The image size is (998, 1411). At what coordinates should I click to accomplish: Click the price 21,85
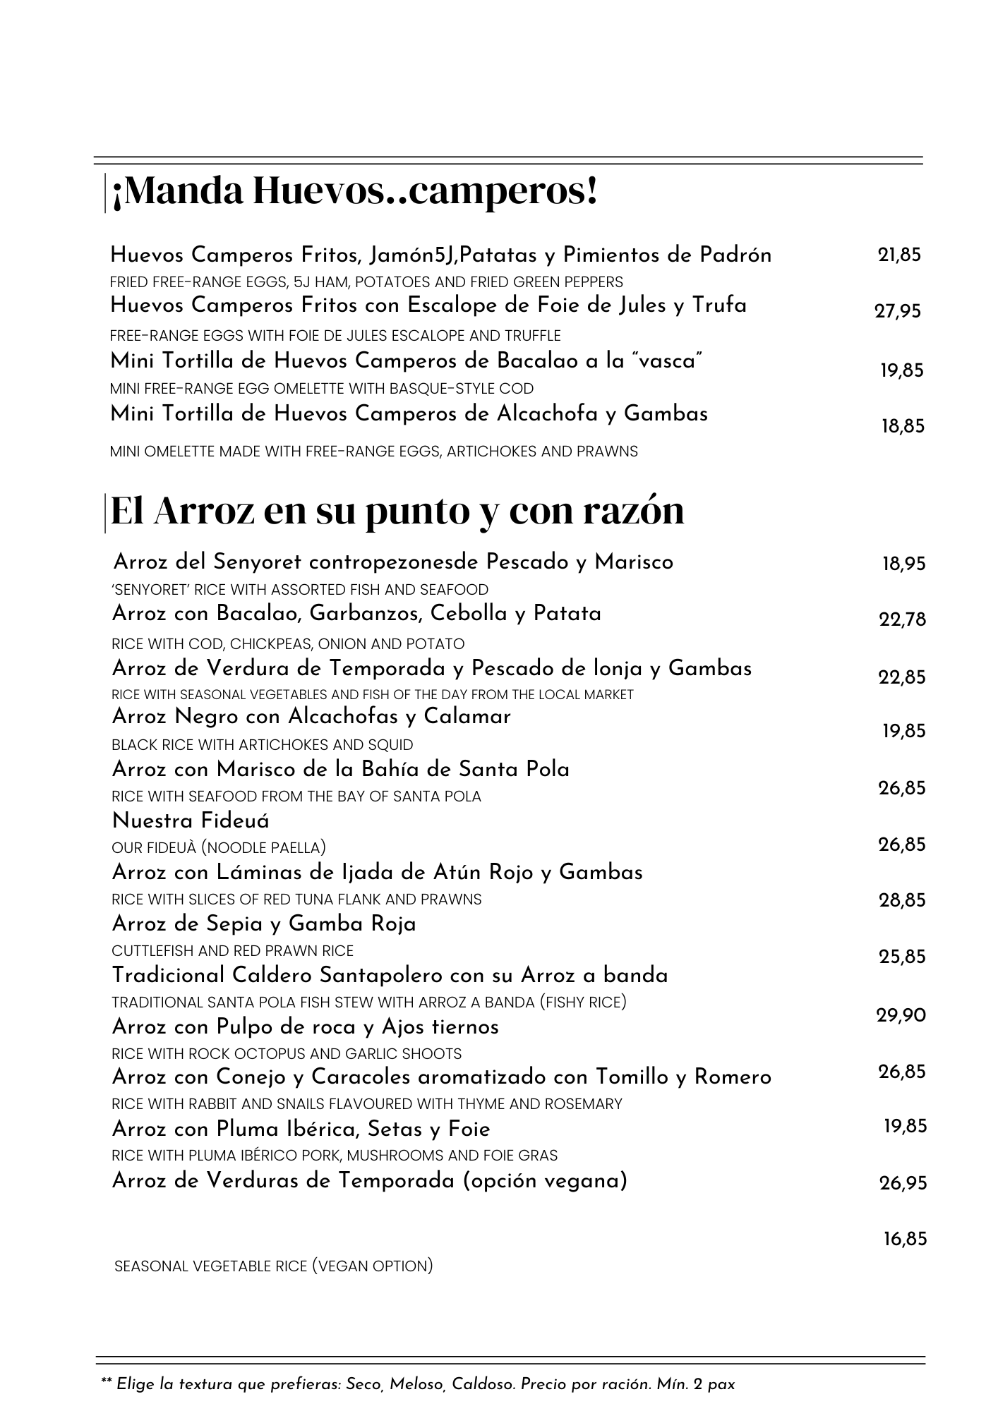click(899, 255)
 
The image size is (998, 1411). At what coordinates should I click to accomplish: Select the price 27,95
click(898, 310)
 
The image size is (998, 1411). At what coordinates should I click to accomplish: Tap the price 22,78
click(902, 619)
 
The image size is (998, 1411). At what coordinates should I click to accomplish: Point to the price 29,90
click(901, 1015)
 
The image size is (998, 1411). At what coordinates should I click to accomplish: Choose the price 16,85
click(905, 1239)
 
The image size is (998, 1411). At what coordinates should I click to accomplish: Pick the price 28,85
click(902, 900)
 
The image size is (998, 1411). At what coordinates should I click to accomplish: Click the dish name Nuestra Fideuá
click(191, 820)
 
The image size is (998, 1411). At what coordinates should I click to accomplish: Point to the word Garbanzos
click(366, 614)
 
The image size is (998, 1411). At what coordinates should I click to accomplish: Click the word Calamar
click(467, 717)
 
